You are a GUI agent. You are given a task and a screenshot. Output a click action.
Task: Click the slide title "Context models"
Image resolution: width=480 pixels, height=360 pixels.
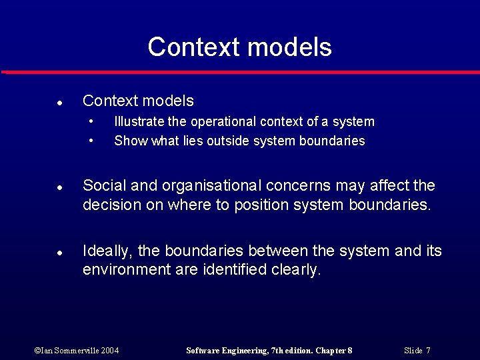click(x=239, y=47)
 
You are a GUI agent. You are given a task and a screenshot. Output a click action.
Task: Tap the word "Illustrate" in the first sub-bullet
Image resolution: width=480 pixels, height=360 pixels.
click(x=137, y=122)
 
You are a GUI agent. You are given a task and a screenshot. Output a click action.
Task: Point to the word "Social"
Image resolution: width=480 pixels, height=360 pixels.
click(x=103, y=185)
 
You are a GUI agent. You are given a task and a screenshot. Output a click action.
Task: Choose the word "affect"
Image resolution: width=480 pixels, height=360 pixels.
click(x=387, y=185)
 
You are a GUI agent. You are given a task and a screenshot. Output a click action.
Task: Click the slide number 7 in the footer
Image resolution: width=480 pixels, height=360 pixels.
click(x=428, y=350)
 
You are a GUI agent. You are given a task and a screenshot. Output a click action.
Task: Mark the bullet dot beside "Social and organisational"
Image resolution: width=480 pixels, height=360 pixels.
click(x=59, y=188)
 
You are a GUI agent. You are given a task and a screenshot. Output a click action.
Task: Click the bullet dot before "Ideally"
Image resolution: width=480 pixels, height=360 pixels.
click(x=59, y=253)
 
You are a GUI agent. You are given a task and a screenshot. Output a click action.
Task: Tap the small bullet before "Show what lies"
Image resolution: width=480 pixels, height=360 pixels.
click(x=91, y=141)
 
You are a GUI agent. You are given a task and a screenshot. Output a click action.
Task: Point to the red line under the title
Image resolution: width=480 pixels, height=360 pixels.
click(x=240, y=72)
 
